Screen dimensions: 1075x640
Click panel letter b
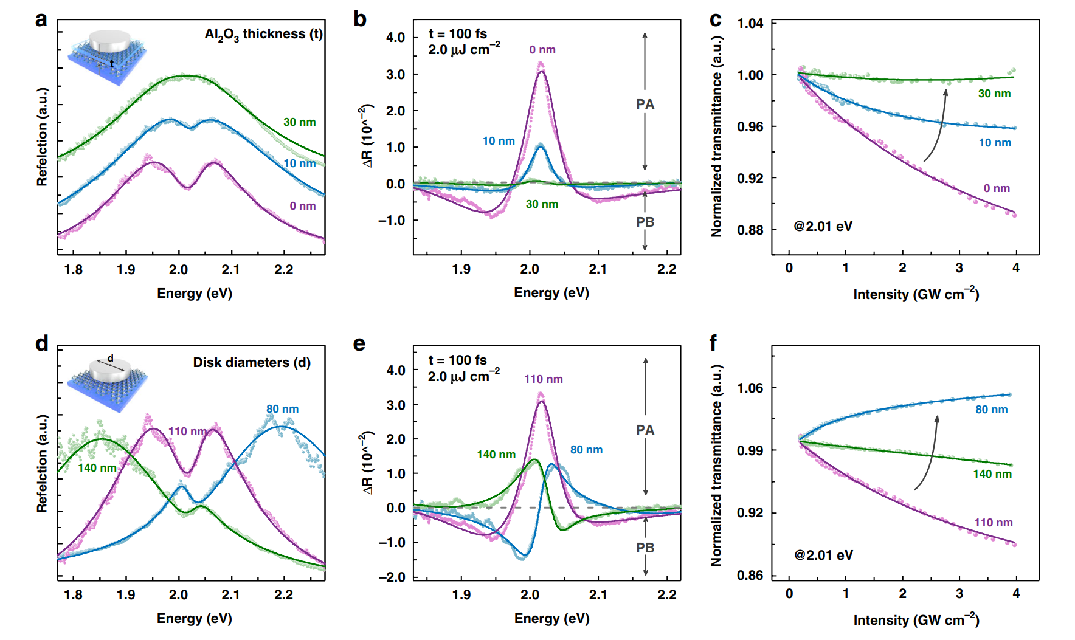pos(360,19)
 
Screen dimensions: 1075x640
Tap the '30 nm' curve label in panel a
pos(299,122)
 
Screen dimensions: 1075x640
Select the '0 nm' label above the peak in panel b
pos(542,50)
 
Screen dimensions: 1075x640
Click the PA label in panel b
pos(645,104)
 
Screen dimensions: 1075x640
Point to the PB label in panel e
pos(645,548)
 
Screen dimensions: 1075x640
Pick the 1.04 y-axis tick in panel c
pos(750,24)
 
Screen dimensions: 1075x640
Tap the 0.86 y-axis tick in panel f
pos(750,575)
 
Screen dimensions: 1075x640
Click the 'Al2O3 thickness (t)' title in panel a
pos(263,35)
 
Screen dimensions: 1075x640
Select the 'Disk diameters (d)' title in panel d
pos(252,363)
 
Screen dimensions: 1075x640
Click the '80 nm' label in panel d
pos(282,409)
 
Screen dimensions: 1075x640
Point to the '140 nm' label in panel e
pos(496,455)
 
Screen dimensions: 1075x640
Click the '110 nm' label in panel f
pos(993,523)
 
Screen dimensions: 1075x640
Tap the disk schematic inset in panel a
pos(108,58)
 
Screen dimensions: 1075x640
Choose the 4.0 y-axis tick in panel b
pos(395,38)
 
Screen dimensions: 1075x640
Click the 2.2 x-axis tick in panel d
pos(283,594)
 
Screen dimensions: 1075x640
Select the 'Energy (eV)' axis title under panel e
pos(551,619)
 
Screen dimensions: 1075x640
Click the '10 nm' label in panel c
pos(995,143)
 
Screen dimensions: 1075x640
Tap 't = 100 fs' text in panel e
pos(457,360)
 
